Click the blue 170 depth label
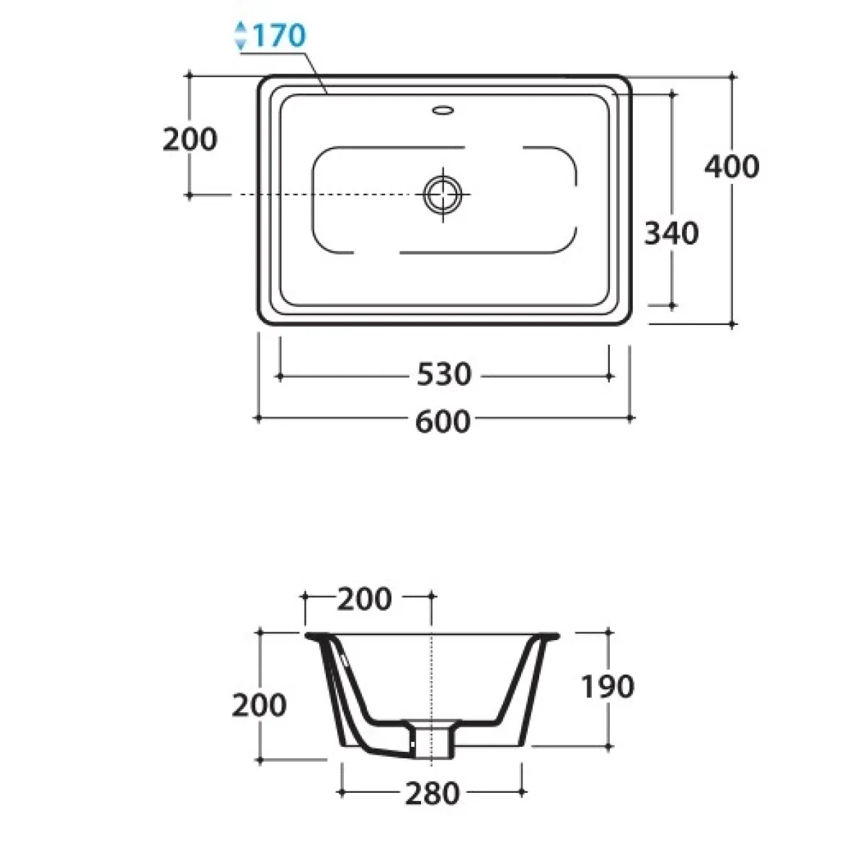tap(279, 35)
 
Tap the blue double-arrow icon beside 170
tap(241, 35)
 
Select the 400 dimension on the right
tap(732, 167)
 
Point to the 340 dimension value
tap(672, 233)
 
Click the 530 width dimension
tap(444, 374)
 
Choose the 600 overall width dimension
tap(443, 422)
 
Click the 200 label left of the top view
tap(190, 139)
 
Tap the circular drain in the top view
tap(443, 195)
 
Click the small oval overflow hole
tap(443, 110)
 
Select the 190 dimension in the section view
tap(608, 686)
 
